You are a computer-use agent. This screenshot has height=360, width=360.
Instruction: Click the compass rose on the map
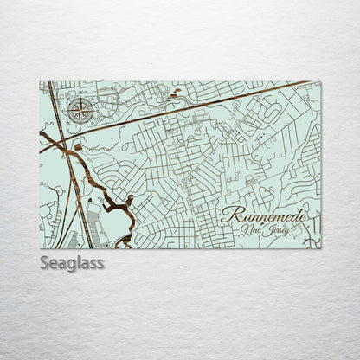coord(80,110)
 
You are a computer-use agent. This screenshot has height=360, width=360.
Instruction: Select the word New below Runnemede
coord(253,231)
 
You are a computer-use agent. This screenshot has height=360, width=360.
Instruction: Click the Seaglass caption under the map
coord(72,262)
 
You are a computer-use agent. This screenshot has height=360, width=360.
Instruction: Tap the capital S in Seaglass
coord(45,262)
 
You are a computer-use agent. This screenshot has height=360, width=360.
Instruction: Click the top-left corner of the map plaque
coord(40,81)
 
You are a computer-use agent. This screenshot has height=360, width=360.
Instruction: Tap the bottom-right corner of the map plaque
coord(320,248)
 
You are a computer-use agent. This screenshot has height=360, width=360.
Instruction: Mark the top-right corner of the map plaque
coord(320,81)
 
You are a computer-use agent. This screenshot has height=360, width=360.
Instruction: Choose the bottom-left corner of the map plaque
coord(40,248)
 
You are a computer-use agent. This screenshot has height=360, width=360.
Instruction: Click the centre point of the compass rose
coord(80,110)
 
